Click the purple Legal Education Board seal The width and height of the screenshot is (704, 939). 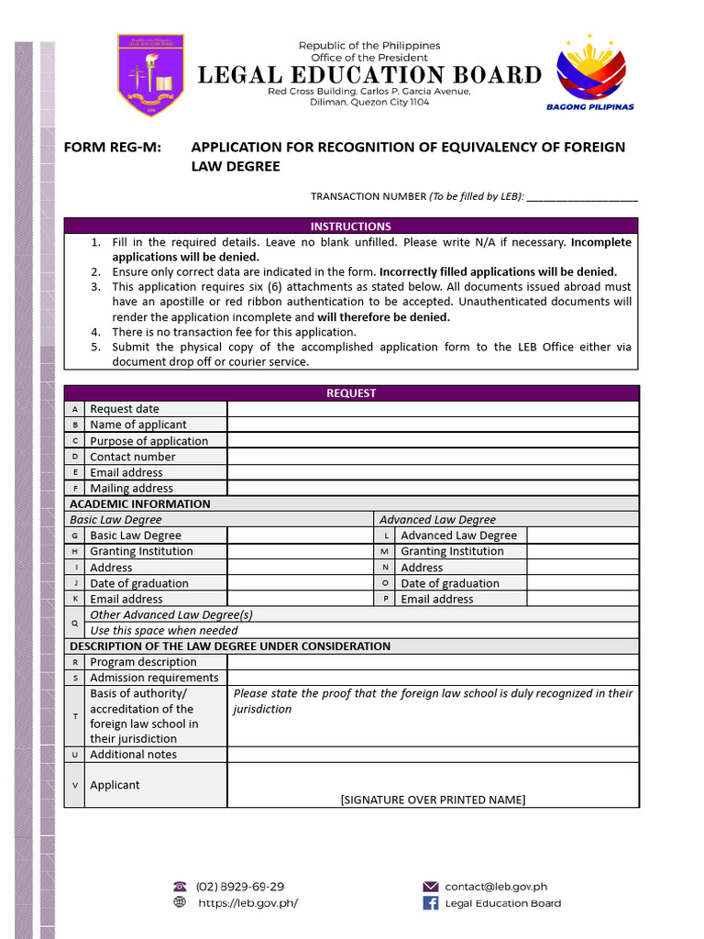(x=150, y=75)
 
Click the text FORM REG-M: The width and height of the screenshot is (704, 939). (x=112, y=148)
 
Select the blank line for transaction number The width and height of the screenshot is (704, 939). (x=582, y=196)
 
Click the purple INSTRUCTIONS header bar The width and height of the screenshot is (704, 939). (x=351, y=226)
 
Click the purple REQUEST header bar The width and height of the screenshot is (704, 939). (x=351, y=393)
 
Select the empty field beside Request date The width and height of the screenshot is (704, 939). (x=433, y=409)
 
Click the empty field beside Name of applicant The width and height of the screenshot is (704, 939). (x=433, y=425)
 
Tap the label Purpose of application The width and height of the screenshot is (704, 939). (x=148, y=441)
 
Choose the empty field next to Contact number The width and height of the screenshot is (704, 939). (x=433, y=457)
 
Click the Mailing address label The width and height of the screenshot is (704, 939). (x=131, y=489)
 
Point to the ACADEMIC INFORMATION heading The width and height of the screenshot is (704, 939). (x=140, y=504)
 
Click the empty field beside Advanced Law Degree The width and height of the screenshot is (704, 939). (x=582, y=536)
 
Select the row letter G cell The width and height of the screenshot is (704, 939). (x=74, y=536)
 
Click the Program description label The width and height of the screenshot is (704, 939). (x=143, y=662)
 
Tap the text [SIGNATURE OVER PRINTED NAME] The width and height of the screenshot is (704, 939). (x=433, y=800)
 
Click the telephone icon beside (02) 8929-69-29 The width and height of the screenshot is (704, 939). (x=180, y=887)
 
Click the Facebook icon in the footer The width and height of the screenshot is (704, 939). (x=430, y=903)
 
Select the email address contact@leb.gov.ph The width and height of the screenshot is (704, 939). (x=496, y=887)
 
